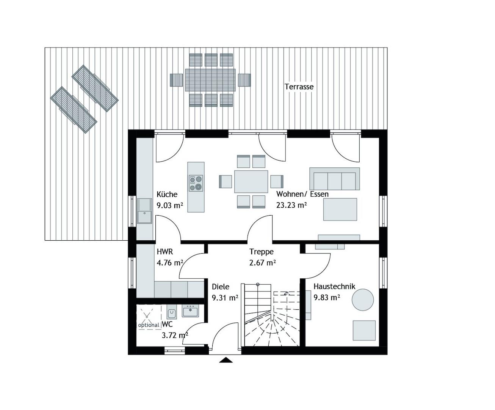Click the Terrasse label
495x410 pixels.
coord(299,87)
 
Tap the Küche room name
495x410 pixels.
coord(167,194)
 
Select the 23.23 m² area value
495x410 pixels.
coord(291,205)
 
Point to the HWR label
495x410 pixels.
coord(165,251)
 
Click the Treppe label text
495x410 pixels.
coord(262,252)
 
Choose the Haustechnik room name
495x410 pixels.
coord(334,287)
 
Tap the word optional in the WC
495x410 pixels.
coord(149,325)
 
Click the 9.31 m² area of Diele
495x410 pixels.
coord(225,298)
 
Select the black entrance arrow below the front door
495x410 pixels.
coord(226,360)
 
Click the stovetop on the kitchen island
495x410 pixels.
coord(196,183)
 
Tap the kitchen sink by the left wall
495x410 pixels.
coord(144,211)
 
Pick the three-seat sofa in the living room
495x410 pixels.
coord(335,179)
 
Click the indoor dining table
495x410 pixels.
coord(251,181)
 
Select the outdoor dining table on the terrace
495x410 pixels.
coord(210,80)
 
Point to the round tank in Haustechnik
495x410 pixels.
coord(363,300)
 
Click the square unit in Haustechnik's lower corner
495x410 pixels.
coord(364,331)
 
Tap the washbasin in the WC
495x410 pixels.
coord(190,311)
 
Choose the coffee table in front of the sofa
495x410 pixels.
coord(340,210)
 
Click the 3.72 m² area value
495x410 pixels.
coord(175,336)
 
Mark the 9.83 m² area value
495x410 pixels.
coord(327,298)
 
